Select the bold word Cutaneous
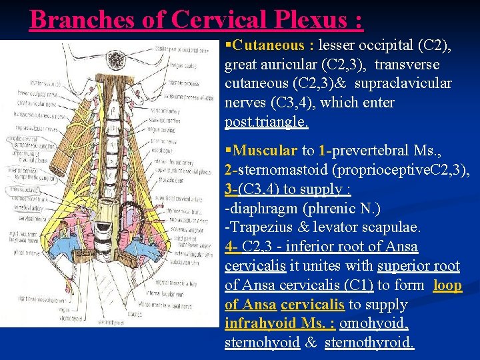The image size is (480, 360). [x=270, y=46]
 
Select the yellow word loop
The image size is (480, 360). [x=447, y=285]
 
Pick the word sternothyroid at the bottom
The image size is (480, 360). [x=369, y=343]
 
